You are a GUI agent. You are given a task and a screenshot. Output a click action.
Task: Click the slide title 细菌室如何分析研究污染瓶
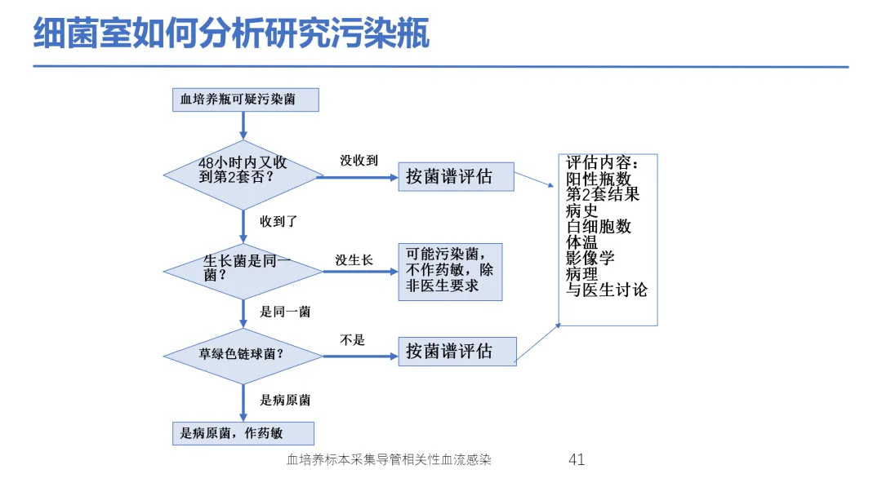[231, 33]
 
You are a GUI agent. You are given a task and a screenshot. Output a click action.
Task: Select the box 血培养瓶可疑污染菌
[245, 100]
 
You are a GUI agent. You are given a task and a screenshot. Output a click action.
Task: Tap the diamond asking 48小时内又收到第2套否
[243, 175]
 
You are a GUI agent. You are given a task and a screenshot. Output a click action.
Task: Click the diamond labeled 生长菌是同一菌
[243, 272]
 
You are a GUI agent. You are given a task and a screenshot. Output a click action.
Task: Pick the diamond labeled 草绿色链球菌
[243, 356]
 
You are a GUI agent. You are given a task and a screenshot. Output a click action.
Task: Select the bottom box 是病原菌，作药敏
[243, 433]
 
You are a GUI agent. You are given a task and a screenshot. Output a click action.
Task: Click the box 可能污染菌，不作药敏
[450, 272]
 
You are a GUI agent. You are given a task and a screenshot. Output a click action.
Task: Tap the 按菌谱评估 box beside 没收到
[457, 176]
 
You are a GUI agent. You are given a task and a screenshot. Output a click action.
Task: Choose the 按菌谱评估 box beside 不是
[457, 352]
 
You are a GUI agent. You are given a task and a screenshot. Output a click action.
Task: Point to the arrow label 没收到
[359, 161]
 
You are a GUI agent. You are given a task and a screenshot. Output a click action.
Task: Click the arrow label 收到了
[278, 221]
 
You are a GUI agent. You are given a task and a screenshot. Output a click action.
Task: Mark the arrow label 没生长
[354, 260]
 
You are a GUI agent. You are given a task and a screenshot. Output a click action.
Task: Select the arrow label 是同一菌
[285, 312]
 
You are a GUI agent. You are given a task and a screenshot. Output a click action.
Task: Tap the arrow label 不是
[352, 340]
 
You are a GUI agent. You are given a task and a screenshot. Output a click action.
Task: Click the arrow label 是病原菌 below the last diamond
[285, 400]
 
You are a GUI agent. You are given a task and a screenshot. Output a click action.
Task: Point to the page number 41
[577, 459]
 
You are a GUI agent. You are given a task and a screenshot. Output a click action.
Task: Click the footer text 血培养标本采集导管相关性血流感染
[389, 459]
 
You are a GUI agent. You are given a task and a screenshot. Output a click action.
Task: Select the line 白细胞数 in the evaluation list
[599, 226]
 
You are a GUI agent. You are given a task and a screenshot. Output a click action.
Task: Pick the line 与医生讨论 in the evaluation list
[606, 290]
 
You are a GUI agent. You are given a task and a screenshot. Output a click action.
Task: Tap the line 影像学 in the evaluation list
[590, 258]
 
